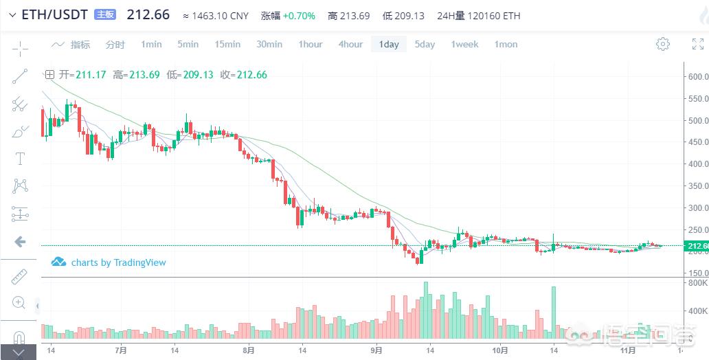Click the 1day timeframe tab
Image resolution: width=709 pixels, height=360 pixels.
point(388,44)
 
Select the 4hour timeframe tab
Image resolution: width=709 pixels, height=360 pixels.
point(350,44)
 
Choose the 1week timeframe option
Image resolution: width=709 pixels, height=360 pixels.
point(464,44)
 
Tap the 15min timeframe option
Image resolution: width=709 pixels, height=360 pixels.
point(227,44)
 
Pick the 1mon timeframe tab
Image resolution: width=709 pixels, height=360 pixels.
point(506,44)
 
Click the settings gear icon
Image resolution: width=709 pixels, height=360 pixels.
point(663,44)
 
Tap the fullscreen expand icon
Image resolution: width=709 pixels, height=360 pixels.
point(697,44)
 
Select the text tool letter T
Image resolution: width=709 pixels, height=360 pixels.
point(20,158)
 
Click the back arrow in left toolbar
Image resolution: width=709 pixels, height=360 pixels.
point(20,241)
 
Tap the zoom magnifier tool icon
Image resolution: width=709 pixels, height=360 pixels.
point(20,302)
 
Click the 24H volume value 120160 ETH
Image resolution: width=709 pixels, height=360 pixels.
point(492,15)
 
